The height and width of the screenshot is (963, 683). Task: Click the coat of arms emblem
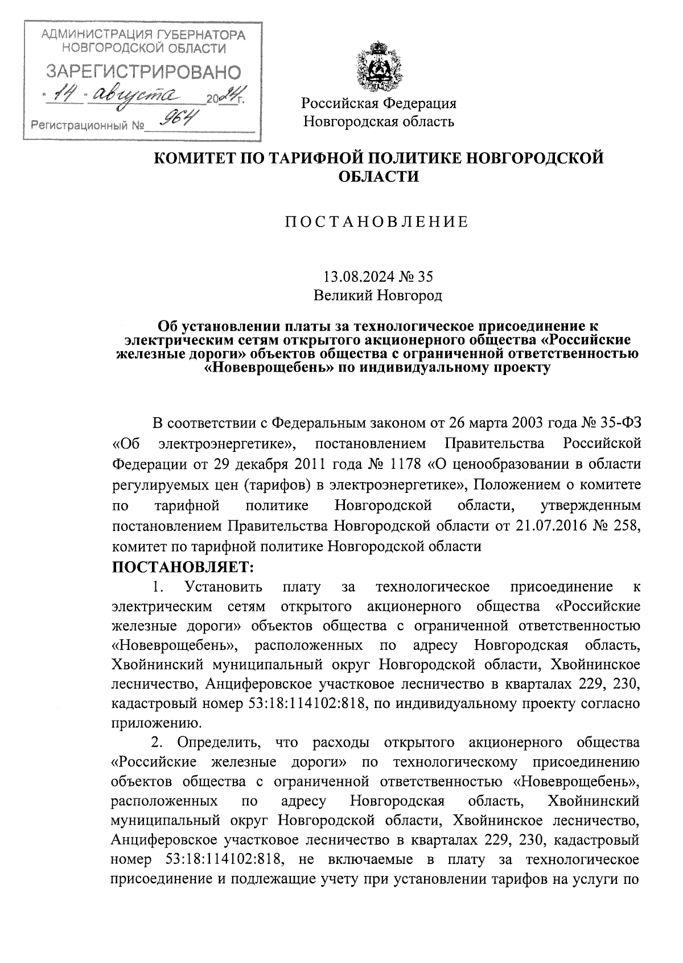(x=378, y=67)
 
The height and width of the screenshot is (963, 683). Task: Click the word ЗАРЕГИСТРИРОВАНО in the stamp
(x=142, y=72)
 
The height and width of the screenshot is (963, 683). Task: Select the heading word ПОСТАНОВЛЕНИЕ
(x=376, y=222)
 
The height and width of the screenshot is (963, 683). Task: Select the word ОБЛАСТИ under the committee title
(x=378, y=176)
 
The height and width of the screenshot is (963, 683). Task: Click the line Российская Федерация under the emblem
(x=378, y=103)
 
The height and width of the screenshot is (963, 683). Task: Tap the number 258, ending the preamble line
(x=626, y=525)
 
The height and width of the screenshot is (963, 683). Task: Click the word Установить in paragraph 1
(x=223, y=586)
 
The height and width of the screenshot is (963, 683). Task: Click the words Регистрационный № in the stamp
(x=88, y=125)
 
